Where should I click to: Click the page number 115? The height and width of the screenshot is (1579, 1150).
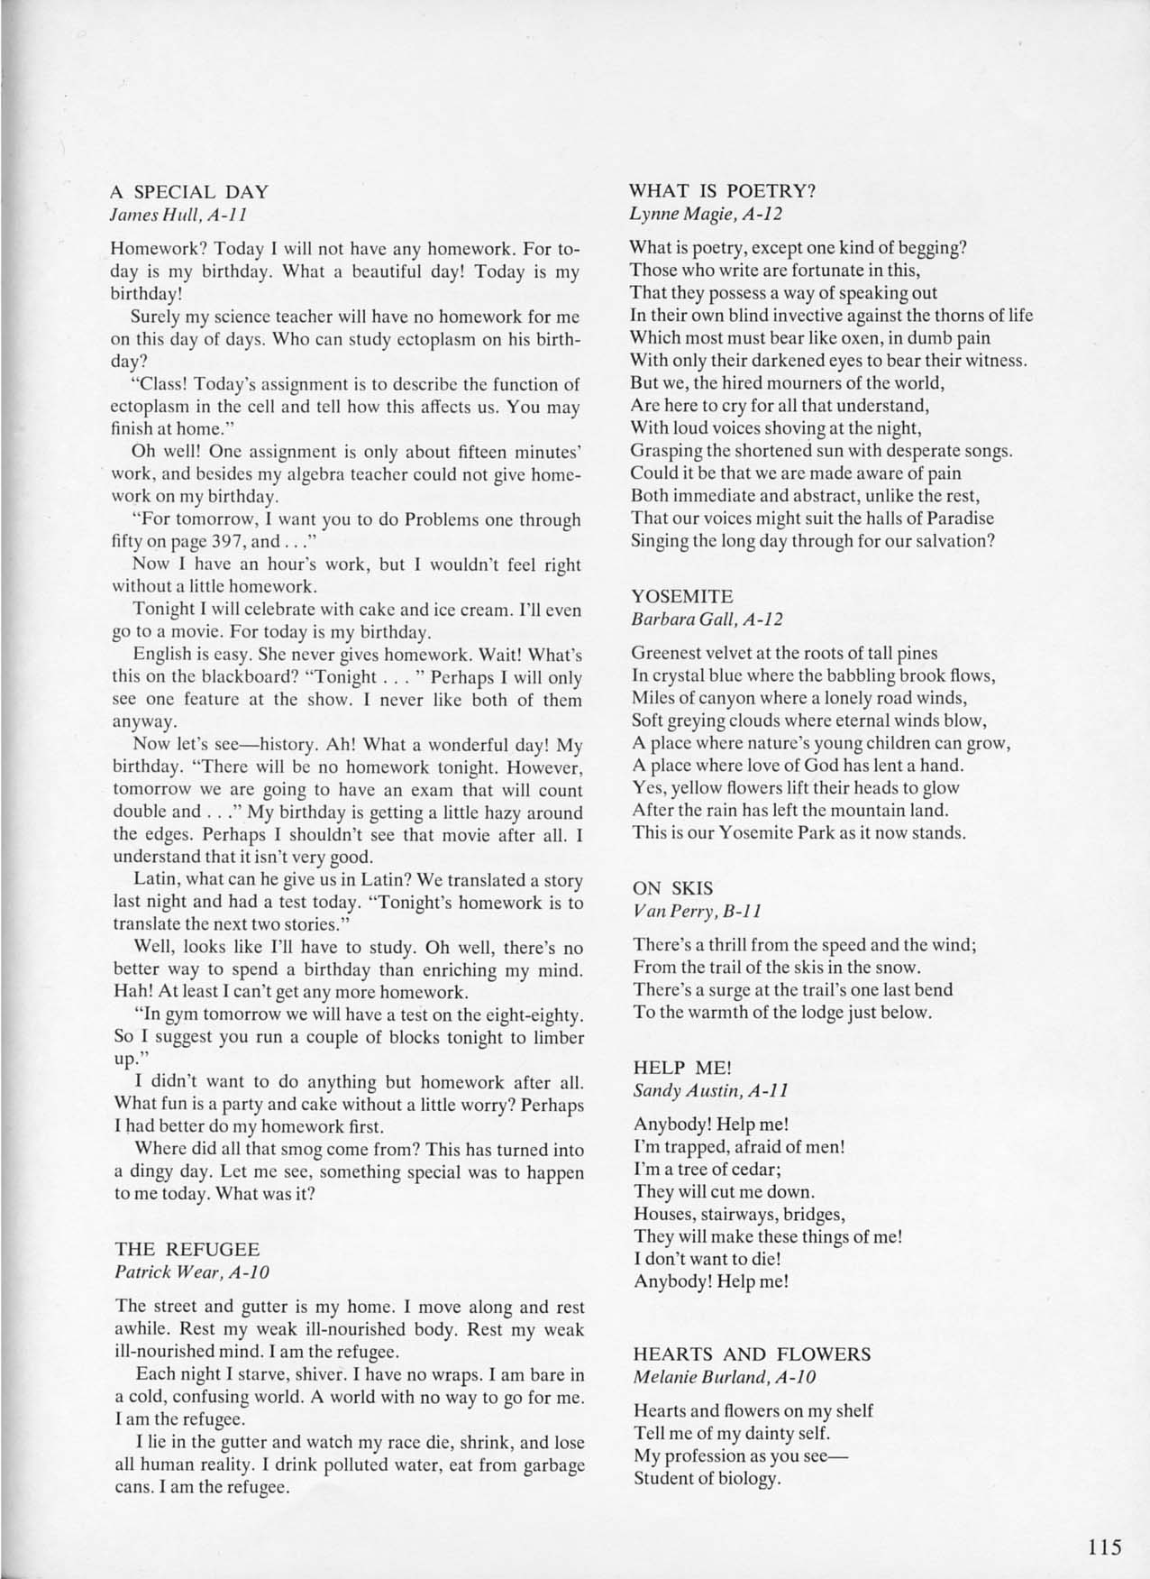[1104, 1547]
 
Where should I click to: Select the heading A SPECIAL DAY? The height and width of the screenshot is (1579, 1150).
[189, 192]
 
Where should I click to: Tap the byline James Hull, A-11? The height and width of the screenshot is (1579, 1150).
[178, 215]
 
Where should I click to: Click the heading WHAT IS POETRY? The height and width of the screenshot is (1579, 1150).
[722, 191]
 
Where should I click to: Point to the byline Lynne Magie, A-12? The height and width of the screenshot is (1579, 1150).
[706, 214]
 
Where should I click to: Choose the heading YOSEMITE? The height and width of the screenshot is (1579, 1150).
[682, 597]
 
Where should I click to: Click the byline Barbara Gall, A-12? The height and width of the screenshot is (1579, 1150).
[707, 620]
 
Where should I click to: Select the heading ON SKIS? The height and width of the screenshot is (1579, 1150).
[673, 888]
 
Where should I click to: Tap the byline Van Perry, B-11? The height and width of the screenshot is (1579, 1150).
[698, 911]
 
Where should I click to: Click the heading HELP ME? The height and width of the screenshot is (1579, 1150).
[682, 1068]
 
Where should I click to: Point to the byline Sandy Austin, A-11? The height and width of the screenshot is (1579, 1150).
[711, 1090]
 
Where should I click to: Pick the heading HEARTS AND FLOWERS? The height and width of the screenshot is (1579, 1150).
[752, 1354]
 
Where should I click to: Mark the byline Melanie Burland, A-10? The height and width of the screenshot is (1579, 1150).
[725, 1377]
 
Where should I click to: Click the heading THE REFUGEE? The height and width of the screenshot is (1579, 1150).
[187, 1250]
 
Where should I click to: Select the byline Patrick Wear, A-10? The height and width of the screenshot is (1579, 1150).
[192, 1272]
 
